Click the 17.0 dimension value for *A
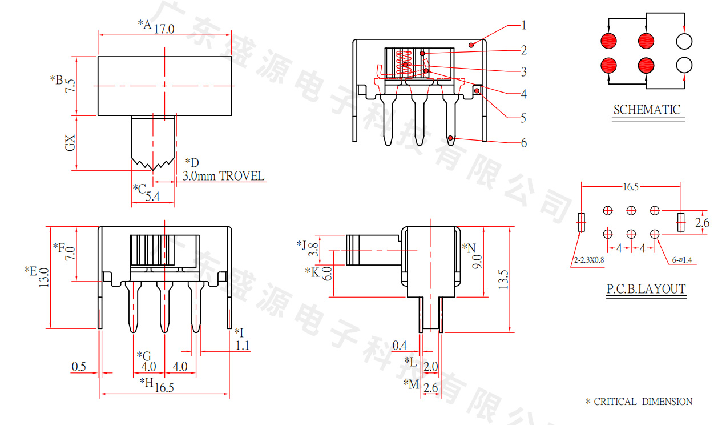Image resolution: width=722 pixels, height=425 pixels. [x=164, y=29]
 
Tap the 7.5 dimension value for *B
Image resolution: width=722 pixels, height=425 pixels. [x=70, y=86]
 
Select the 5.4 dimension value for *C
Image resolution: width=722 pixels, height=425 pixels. [x=152, y=196]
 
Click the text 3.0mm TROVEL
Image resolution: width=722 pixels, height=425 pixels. [x=223, y=176]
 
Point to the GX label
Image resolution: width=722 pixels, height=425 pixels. [x=70, y=143]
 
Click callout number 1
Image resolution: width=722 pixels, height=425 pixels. [x=524, y=25]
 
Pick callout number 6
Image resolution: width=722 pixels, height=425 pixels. [x=524, y=143]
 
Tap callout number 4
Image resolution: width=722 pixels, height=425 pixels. [x=524, y=94]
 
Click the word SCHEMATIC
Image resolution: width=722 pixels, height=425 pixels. [x=647, y=110]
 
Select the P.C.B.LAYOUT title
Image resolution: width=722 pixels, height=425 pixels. [x=646, y=289]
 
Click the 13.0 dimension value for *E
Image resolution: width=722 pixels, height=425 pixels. [x=44, y=278]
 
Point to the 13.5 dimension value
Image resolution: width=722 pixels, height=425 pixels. [x=503, y=279]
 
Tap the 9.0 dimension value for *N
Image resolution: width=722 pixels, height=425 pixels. [x=477, y=262]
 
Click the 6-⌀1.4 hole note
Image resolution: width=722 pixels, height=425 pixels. [x=681, y=260]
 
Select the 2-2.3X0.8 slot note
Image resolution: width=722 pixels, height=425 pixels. [x=589, y=260]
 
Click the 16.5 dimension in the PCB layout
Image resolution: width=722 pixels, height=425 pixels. [x=631, y=187]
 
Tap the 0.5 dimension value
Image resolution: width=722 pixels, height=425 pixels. [x=79, y=367]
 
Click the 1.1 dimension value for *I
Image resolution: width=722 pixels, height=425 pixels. [x=243, y=346]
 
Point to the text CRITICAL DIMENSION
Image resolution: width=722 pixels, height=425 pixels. [x=643, y=402]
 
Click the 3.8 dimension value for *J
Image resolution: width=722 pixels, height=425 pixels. [x=313, y=250]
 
